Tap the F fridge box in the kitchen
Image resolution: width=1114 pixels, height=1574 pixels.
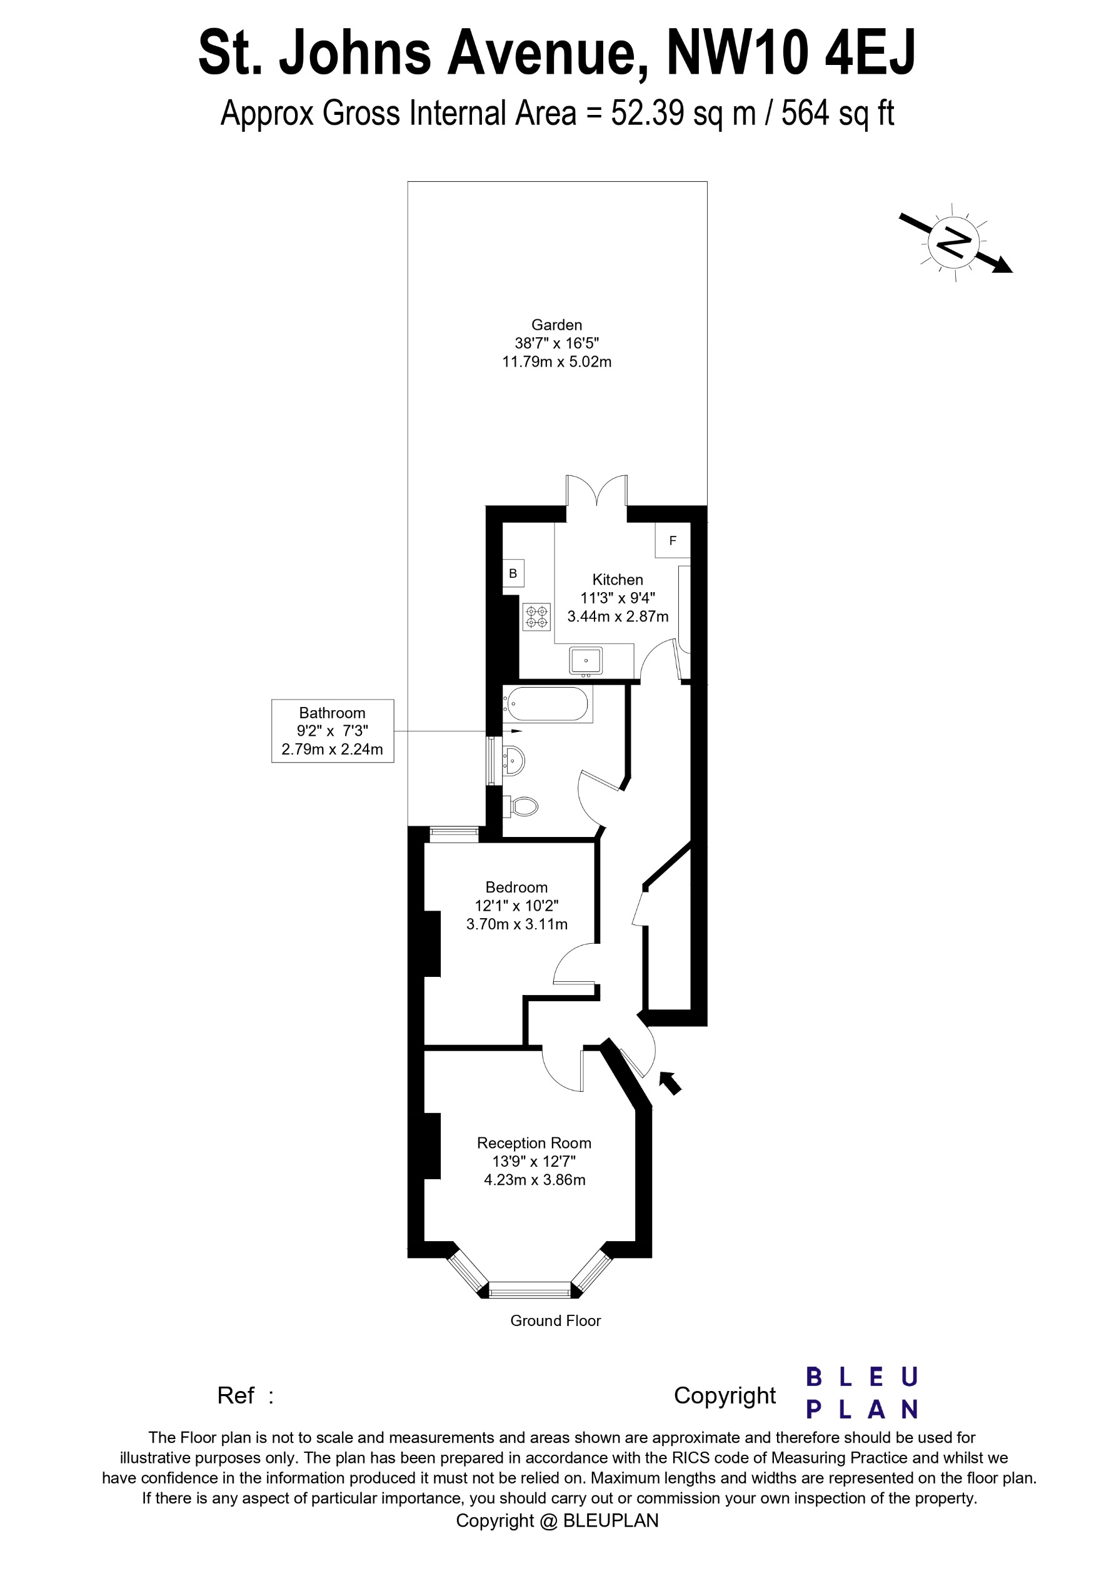click(x=672, y=540)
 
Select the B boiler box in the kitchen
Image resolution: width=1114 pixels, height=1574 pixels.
click(x=513, y=573)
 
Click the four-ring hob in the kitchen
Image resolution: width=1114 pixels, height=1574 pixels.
click(x=536, y=616)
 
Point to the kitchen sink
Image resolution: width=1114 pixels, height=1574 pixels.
click(x=585, y=661)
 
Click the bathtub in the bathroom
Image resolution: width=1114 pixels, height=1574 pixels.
click(x=548, y=703)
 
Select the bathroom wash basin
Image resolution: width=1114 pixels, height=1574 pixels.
click(x=514, y=760)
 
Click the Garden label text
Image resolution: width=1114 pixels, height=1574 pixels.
click(x=556, y=325)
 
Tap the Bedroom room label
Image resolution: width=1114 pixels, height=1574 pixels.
click(x=516, y=887)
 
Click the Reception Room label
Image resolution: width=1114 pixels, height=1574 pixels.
click(x=534, y=1143)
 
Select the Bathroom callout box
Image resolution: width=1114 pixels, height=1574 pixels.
click(x=332, y=731)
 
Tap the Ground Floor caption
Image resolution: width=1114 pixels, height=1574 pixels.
click(x=555, y=1320)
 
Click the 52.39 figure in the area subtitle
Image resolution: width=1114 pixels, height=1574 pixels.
click(x=648, y=113)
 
